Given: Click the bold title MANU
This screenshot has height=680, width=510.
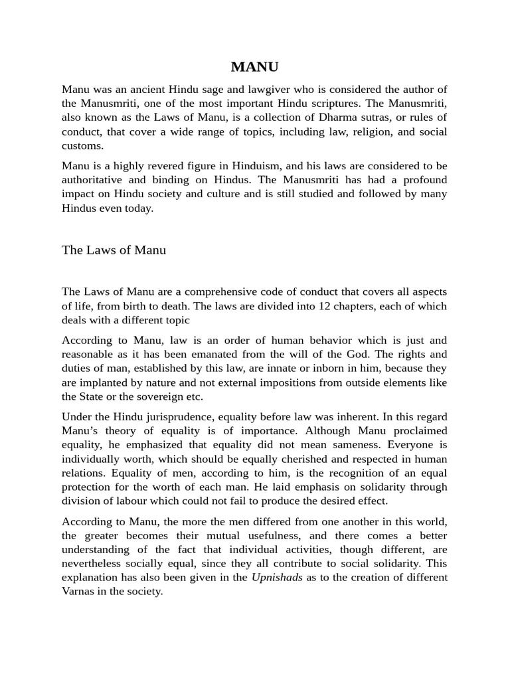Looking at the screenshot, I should [x=255, y=66].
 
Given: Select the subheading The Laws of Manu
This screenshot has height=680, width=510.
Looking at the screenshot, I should [x=114, y=250].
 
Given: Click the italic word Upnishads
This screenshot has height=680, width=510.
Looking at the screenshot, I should [x=277, y=577].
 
